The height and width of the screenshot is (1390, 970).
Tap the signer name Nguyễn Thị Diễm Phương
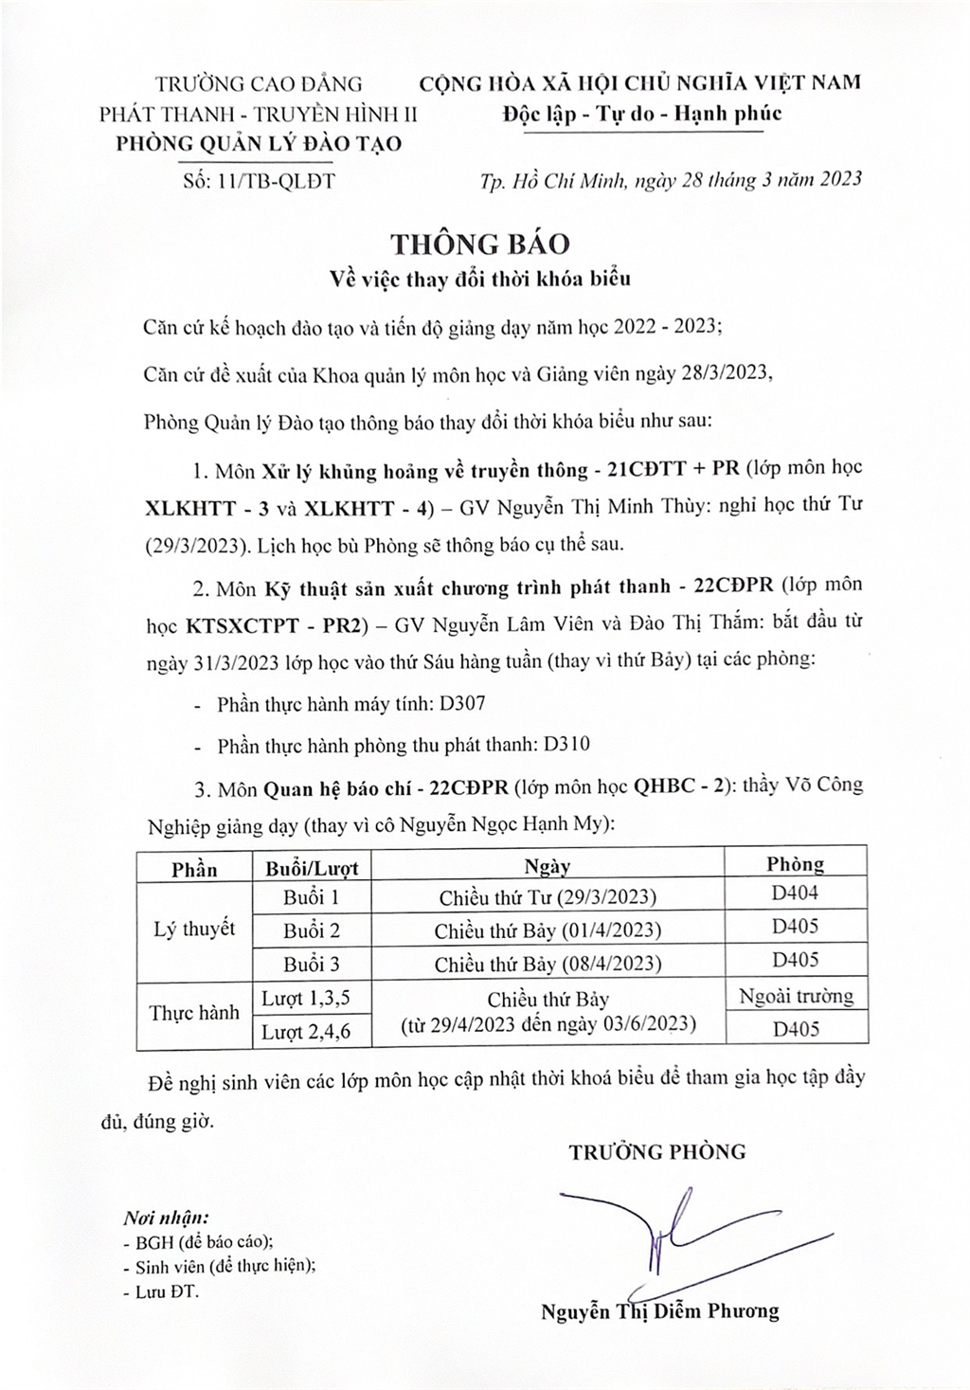659,1311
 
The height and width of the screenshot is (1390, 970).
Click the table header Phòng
795,863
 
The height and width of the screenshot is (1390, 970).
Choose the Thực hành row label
194,1013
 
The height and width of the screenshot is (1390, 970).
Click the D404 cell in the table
795,893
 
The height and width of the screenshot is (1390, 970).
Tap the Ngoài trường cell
795,996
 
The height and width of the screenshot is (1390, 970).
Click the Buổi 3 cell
312,964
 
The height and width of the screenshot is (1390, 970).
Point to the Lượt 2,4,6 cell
306,1032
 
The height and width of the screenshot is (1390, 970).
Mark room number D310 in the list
566,745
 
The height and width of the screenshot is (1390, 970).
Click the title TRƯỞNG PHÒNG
657,1152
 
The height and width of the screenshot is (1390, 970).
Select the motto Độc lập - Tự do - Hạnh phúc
643,114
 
